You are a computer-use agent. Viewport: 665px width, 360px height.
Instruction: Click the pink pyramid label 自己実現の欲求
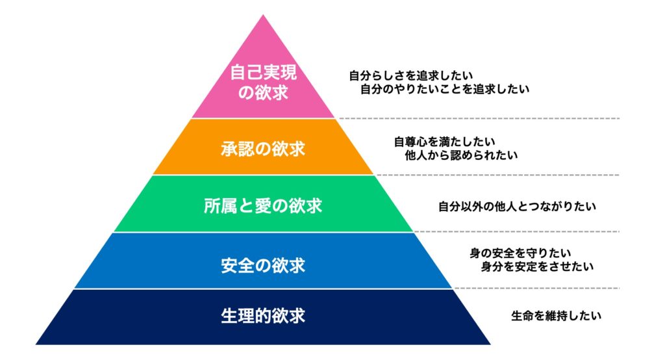[263, 83]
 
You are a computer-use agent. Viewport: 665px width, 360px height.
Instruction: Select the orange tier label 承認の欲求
[263, 149]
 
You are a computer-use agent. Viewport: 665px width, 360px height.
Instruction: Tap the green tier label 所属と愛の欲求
[263, 206]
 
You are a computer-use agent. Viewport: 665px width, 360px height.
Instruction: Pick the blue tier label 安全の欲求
[263, 265]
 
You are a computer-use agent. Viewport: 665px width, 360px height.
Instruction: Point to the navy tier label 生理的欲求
[263, 316]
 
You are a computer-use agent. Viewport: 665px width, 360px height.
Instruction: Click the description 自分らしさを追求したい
[411, 76]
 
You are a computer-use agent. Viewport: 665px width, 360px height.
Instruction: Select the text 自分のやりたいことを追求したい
[445, 89]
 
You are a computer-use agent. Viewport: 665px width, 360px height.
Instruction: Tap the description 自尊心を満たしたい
[444, 142]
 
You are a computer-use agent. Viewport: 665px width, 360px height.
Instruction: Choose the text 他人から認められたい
[462, 155]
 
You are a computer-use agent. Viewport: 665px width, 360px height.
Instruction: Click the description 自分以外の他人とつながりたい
[517, 207]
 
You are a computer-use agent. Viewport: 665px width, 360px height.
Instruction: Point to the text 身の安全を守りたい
[520, 253]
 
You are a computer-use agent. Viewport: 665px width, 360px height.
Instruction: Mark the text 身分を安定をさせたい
[537, 266]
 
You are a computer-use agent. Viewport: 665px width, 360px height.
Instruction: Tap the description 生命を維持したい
[556, 316]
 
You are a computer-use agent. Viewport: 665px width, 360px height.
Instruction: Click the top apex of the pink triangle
[263, 15]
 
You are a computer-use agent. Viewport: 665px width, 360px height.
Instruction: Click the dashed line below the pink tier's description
[479, 118]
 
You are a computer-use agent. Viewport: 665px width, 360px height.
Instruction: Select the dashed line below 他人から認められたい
[498, 175]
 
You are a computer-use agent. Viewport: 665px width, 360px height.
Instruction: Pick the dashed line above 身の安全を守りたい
[516, 232]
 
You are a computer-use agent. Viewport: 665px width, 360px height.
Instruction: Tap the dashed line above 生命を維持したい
[537, 289]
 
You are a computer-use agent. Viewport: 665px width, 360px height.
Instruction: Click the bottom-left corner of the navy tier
[36, 344]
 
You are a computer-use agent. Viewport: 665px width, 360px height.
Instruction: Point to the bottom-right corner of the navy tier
[491, 344]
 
